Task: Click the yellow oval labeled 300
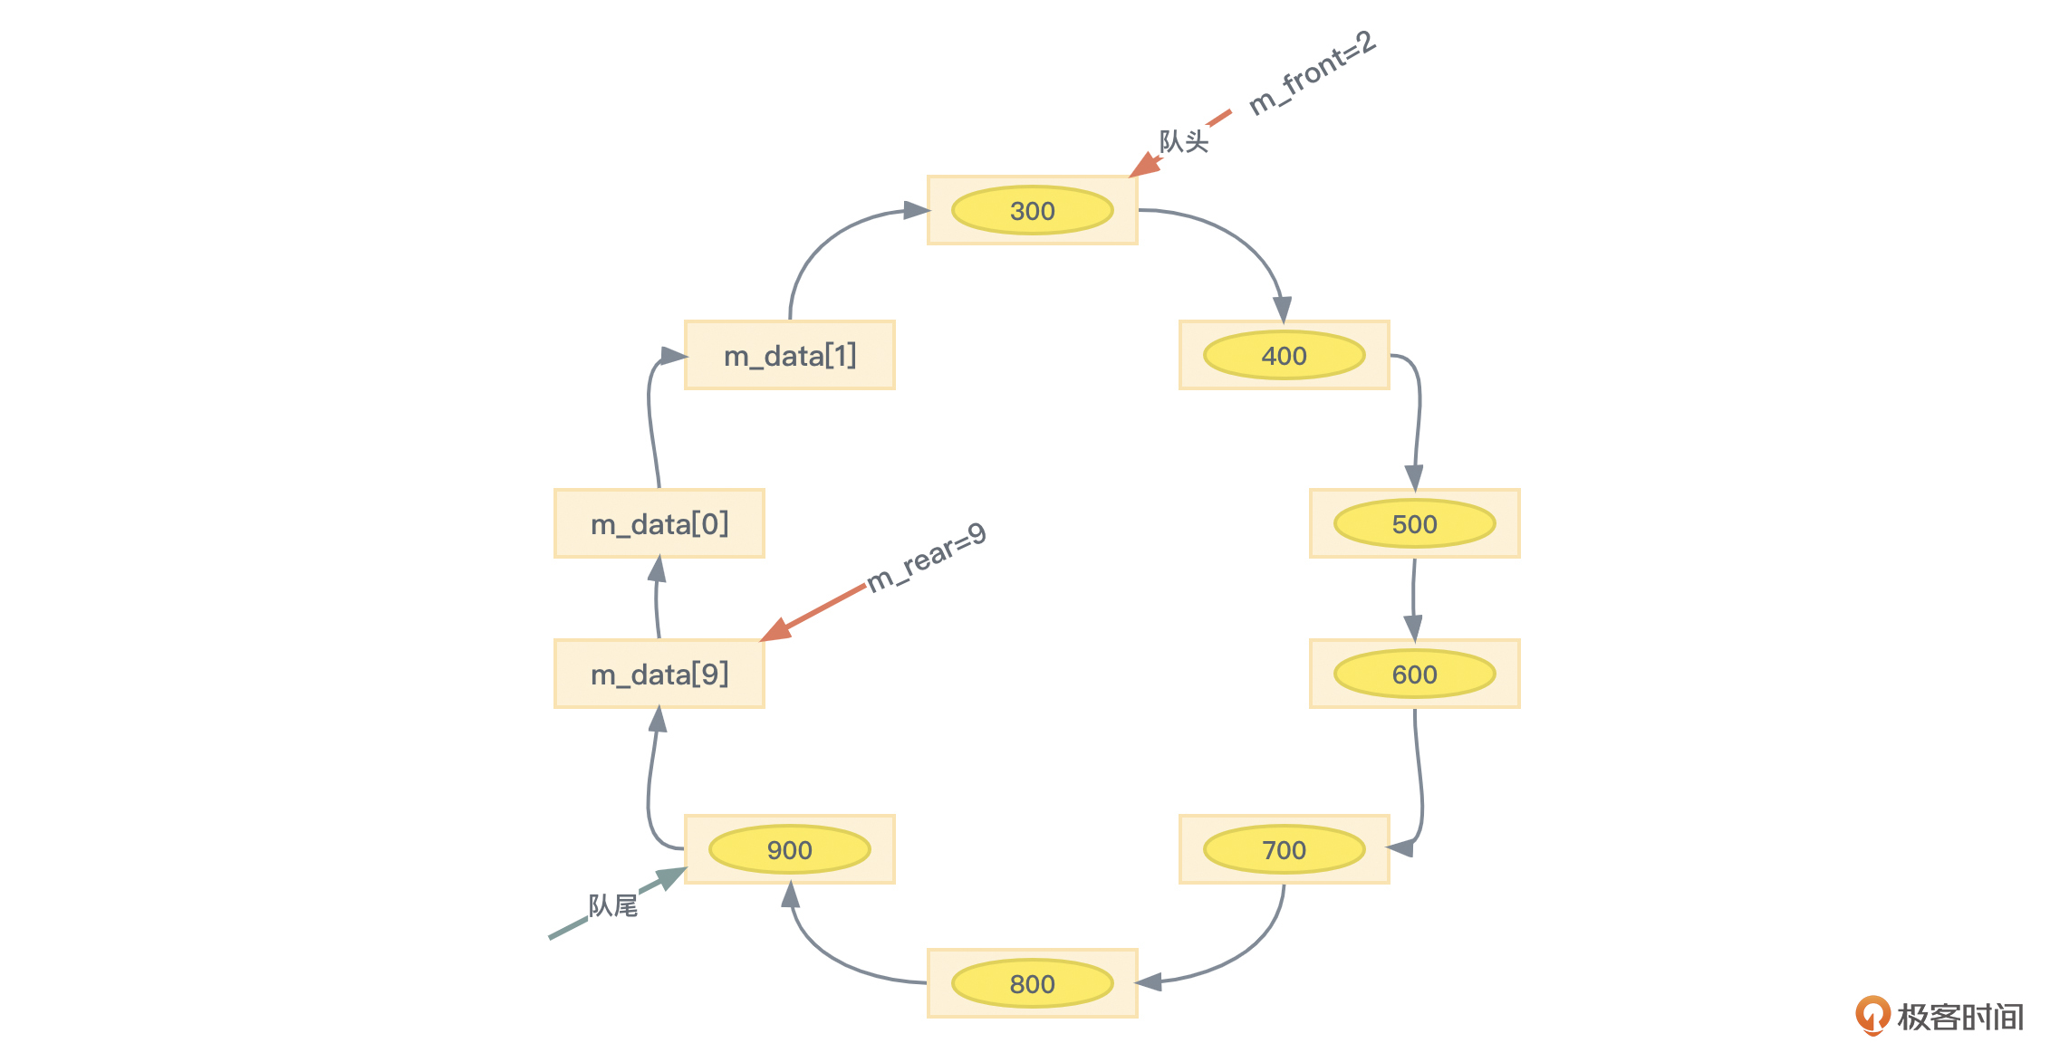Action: pos(1032,211)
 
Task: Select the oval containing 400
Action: pos(1284,356)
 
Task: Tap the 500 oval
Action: pos(1414,524)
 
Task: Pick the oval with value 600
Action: pos(1414,675)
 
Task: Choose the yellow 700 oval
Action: pos(1284,850)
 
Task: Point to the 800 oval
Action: pos(1032,984)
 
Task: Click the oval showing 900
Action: pos(789,850)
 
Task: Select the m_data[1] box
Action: pos(789,356)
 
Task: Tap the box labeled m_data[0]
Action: pos(659,524)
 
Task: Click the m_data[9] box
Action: pos(659,675)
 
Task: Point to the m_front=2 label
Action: pos(1312,72)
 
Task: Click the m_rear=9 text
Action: pos(926,558)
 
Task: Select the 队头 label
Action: pos(1183,142)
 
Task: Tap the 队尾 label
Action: pos(612,905)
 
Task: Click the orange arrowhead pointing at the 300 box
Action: pos(1144,166)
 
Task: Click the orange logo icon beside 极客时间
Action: pos(1872,1015)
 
